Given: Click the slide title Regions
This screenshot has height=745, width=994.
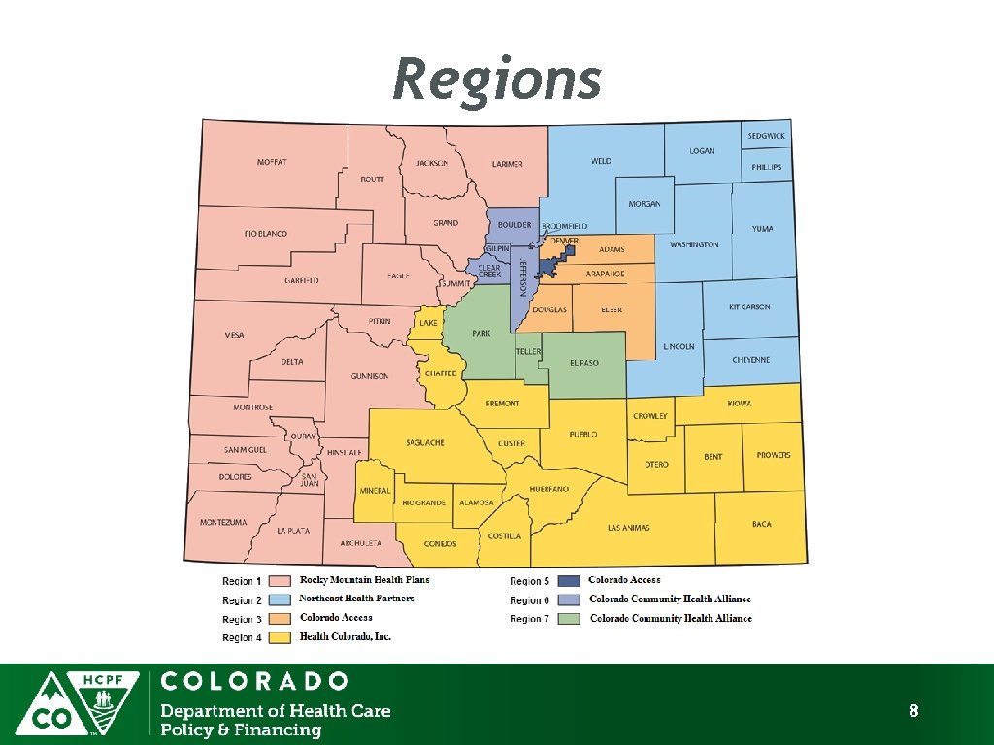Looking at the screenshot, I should [496, 80].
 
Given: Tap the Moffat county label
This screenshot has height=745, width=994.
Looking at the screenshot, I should [272, 162].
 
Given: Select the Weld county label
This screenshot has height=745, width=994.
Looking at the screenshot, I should [601, 161].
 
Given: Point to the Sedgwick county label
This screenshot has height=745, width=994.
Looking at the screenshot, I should [767, 136].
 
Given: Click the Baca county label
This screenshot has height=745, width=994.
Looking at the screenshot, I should [762, 524].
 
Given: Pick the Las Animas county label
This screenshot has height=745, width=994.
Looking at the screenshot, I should [628, 528].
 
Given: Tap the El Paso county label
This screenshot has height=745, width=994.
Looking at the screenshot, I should [584, 363].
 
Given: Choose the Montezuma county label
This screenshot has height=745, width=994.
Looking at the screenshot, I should [223, 522].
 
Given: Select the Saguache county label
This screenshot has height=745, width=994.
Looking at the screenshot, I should [425, 442].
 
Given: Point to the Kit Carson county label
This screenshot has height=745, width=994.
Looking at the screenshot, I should [749, 307].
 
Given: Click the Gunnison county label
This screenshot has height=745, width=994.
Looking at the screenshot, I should [369, 376].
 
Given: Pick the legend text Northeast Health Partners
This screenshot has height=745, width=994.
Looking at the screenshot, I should [356, 599].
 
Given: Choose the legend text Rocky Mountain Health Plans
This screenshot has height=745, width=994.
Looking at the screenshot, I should [364, 580].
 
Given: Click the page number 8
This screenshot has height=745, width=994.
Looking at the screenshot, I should [913, 712].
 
